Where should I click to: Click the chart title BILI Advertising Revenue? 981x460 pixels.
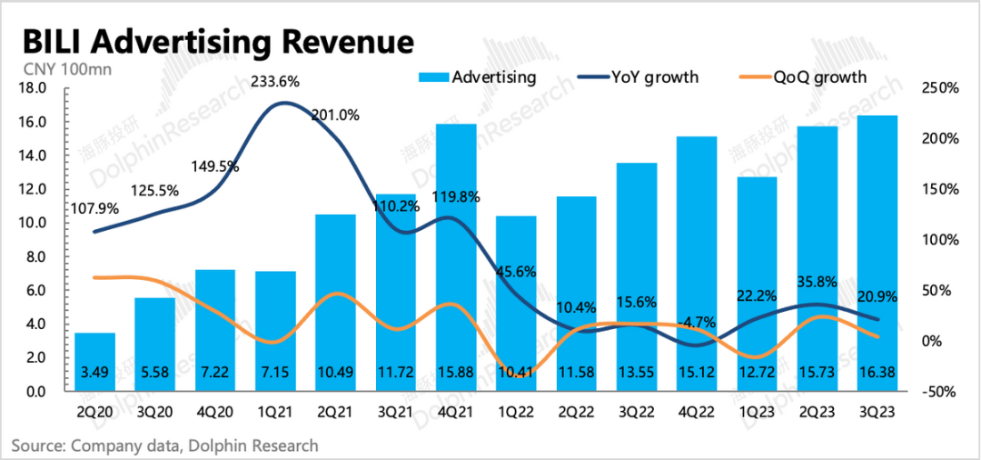218,42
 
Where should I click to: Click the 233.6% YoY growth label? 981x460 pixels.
275,81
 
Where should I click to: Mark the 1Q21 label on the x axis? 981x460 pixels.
274,411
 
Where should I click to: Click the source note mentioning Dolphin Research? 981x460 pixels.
165,445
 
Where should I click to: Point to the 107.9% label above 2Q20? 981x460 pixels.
94,208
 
